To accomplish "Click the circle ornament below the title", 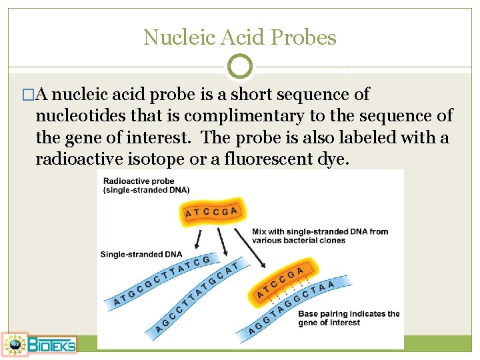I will pos(240,66).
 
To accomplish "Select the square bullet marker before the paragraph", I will pos(27,95).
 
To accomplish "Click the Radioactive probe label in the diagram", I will pos(139,181).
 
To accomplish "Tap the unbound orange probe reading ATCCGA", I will pos(211,212).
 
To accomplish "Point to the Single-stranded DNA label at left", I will pos(141,254).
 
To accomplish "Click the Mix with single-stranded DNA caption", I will pos(320,236).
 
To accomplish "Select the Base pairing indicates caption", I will pos(349,318).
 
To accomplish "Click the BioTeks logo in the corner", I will pos(39,343).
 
